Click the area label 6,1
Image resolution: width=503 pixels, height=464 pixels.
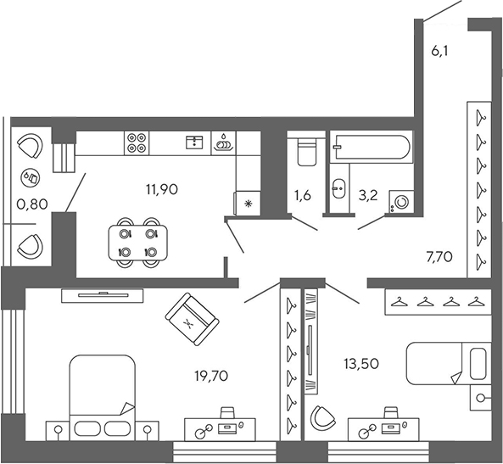coord(439,51)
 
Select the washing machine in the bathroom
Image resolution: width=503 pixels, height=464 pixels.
coord(399,201)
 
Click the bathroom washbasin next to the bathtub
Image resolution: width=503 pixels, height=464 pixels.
coord(338,188)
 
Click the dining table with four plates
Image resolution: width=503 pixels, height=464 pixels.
coord(138,243)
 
